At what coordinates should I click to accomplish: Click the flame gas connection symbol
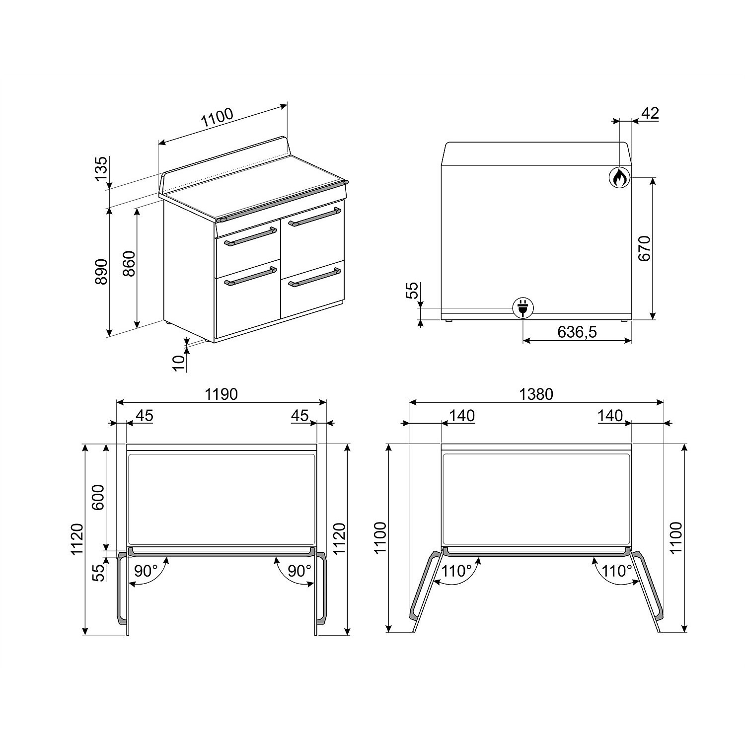pos(619,177)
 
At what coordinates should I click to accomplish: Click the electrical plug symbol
pos(522,308)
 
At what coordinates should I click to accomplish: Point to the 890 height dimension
pos(101,272)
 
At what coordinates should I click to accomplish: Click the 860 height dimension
pos(129,265)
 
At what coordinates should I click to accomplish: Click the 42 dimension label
pos(650,113)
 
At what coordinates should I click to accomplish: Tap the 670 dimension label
pos(644,248)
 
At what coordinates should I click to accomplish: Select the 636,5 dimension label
pos(577,332)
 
